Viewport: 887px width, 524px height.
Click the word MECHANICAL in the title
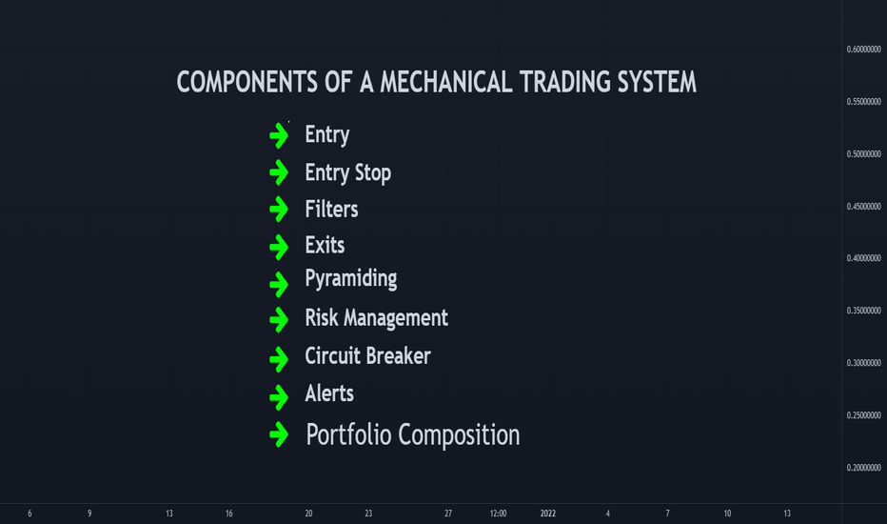coord(445,82)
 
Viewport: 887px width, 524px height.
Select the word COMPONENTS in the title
coord(246,82)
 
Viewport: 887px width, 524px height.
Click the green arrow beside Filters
coord(279,209)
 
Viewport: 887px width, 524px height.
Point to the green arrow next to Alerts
coord(279,397)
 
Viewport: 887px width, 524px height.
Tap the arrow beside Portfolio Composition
coord(279,434)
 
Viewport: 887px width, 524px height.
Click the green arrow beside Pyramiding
coord(279,284)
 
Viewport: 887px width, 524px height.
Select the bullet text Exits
coord(325,245)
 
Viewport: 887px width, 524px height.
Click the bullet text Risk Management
coord(376,318)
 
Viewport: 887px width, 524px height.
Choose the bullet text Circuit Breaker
coord(367,355)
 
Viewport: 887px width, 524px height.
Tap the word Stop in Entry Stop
coord(373,173)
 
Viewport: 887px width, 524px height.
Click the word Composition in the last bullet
coord(459,435)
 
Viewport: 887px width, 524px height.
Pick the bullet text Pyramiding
coord(351,279)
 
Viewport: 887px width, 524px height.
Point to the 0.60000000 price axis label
coord(864,50)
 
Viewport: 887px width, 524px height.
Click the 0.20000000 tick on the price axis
coord(864,468)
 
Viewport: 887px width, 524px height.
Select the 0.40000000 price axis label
coord(864,258)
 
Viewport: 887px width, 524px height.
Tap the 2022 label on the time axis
coord(547,514)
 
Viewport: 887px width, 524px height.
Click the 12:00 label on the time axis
coord(498,514)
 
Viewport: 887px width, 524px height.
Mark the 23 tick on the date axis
coord(368,514)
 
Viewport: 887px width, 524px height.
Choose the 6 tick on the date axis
coord(30,514)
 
